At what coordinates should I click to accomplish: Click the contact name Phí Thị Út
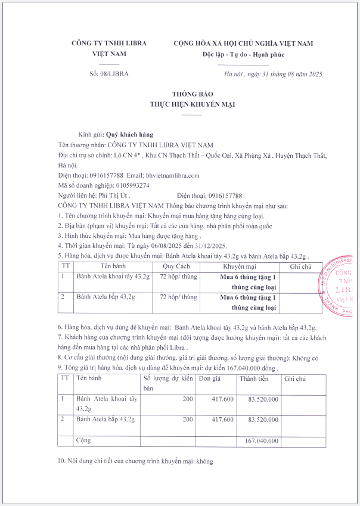pyautogui.click(x=113, y=195)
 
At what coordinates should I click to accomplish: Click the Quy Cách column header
pyautogui.click(x=176, y=266)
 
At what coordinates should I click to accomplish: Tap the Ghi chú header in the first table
pyautogui.click(x=300, y=266)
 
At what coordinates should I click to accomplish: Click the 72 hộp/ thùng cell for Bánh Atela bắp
pyautogui.click(x=178, y=297)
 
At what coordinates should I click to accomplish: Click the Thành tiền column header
pyautogui.click(x=254, y=378)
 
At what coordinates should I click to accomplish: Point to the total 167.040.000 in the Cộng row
pyautogui.click(x=258, y=442)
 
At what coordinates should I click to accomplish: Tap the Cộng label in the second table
pyautogui.click(x=82, y=441)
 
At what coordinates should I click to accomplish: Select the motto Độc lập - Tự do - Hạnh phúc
pyautogui.click(x=243, y=55)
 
